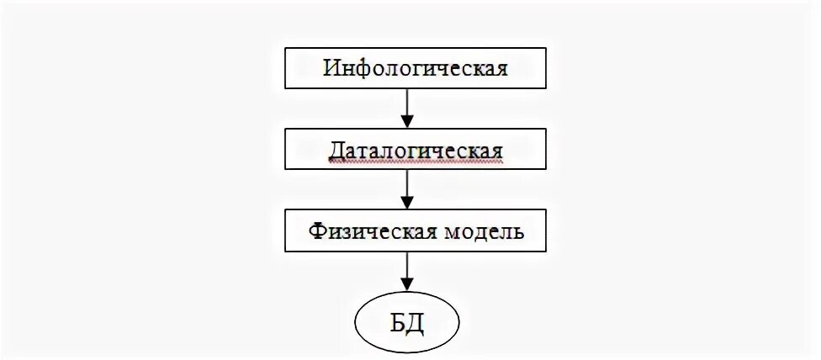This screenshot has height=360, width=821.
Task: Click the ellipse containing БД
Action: click(x=407, y=322)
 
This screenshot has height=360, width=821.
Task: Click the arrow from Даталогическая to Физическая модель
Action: click(x=407, y=187)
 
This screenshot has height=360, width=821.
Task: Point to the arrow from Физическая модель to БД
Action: click(x=407, y=269)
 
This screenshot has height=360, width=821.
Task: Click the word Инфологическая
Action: click(x=416, y=67)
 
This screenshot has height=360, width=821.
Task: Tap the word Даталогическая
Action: click(x=416, y=151)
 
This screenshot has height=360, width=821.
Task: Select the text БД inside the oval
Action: click(x=408, y=322)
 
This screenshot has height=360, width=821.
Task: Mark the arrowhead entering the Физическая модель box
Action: click(x=407, y=203)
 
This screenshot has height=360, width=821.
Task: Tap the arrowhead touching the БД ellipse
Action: click(x=407, y=285)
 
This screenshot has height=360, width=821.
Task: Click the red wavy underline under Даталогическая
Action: click(x=416, y=161)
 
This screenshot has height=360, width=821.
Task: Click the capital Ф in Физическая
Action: click(x=315, y=230)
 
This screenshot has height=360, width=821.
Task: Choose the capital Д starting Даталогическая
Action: click(x=335, y=151)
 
